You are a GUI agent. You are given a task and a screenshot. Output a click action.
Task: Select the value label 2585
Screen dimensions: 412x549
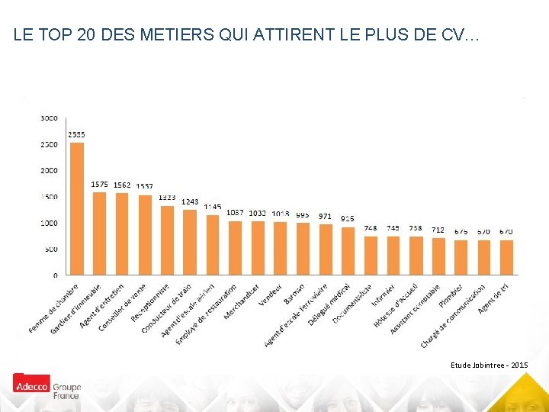pyautogui.click(x=76, y=134)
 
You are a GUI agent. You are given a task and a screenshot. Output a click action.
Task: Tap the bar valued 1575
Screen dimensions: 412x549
pyautogui.click(x=99, y=233)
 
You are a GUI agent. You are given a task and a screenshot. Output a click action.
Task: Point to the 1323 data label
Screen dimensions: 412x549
pyautogui.click(x=167, y=198)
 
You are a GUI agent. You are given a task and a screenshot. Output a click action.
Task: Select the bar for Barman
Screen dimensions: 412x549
pyautogui.click(x=303, y=249)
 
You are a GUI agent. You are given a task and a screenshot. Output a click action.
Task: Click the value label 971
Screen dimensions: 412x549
pyautogui.click(x=326, y=216)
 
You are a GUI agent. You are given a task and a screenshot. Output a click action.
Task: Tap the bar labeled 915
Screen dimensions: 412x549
pyautogui.click(x=348, y=251)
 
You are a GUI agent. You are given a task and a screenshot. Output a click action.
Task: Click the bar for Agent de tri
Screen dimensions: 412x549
pyautogui.click(x=506, y=257)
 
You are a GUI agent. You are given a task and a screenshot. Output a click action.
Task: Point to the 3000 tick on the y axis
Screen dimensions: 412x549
pyautogui.click(x=49, y=118)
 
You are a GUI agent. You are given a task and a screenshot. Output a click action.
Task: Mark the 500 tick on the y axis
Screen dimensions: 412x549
pyautogui.click(x=50, y=249)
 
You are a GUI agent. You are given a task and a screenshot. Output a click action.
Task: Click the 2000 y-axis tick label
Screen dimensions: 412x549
pyautogui.click(x=49, y=170)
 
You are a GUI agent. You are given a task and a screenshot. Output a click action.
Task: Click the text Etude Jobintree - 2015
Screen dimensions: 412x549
pyautogui.click(x=488, y=366)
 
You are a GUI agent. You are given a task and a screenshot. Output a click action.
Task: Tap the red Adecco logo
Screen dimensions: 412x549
pyautogui.click(x=31, y=385)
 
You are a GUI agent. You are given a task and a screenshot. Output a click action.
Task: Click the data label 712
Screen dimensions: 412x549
pyautogui.click(x=438, y=230)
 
